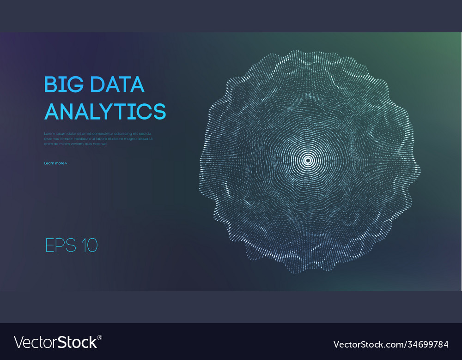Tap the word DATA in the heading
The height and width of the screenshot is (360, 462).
tap(117, 84)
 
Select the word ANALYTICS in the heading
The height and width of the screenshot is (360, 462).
tap(105, 111)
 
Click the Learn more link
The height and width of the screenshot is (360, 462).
tap(54, 163)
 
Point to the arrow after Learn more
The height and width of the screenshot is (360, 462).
tap(66, 163)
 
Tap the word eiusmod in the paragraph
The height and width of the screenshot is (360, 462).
tap(51, 138)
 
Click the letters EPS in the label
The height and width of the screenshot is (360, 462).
tap(61, 245)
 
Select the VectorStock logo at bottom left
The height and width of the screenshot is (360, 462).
tap(56, 342)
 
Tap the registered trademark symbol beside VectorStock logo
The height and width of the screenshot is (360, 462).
tap(100, 337)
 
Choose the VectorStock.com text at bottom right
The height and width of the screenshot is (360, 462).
tap(365, 344)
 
